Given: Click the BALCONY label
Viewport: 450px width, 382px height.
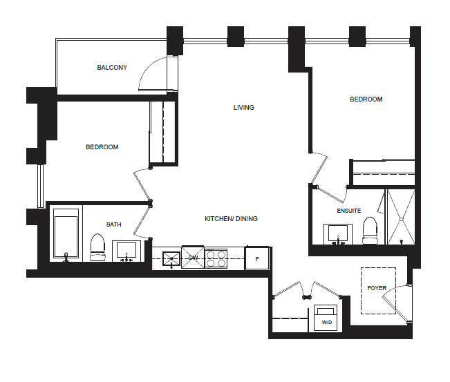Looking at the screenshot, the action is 112,68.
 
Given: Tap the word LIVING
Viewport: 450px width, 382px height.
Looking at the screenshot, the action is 243,108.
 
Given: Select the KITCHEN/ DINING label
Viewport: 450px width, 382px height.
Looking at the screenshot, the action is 231,219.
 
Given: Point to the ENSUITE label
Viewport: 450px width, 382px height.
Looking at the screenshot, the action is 348,211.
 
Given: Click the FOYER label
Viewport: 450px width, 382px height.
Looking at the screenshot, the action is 377,288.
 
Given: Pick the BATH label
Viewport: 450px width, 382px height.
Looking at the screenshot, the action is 113,225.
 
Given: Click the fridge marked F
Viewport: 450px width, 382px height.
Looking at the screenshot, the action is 257,258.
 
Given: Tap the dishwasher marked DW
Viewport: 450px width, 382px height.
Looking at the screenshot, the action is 193,257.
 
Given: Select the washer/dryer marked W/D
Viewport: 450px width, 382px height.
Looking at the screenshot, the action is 326,318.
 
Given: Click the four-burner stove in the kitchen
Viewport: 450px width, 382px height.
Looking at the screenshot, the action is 216,258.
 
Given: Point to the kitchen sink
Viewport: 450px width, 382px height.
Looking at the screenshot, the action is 171,259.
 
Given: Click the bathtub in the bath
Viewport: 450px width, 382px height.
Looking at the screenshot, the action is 66,233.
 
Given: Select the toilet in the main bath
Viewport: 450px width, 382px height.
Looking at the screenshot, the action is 97,247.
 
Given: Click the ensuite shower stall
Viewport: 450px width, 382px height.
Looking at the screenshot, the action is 401,217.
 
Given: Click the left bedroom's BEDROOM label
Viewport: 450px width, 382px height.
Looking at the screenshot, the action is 102,147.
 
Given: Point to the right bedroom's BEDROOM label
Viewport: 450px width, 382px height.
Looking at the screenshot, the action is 366,99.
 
